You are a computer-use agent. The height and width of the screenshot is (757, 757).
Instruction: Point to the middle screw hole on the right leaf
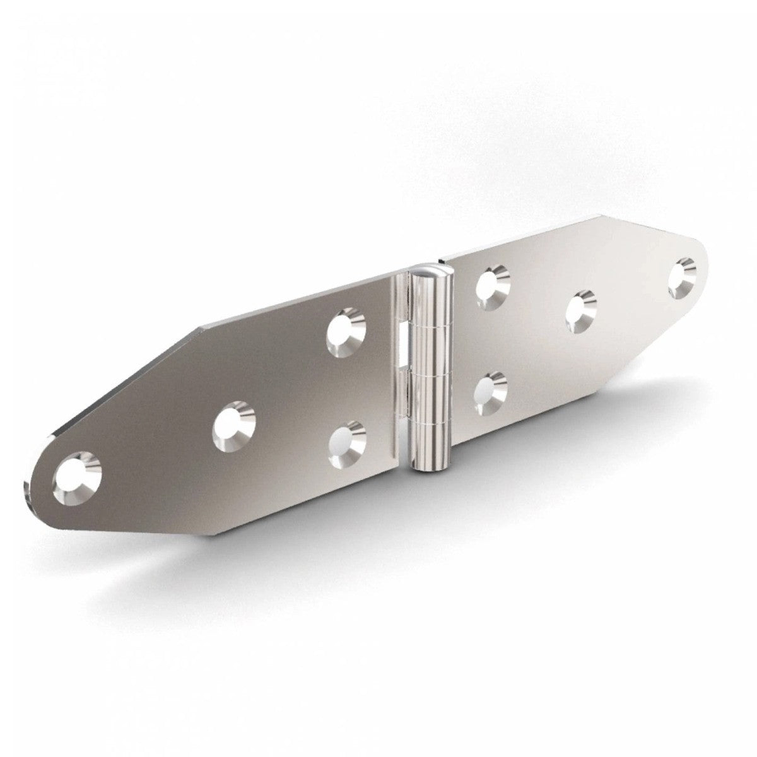tap(580, 310)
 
